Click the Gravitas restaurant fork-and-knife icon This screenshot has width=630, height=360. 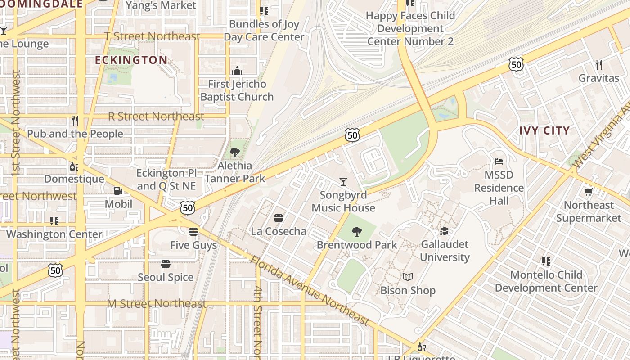[598, 64]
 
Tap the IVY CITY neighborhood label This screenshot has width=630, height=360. [544, 130]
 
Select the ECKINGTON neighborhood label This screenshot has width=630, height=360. [131, 60]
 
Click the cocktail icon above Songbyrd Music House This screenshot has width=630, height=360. [343, 182]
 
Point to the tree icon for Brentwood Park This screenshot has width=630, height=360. [356, 232]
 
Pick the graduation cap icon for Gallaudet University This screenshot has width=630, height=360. [445, 231]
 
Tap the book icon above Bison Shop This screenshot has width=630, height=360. [408, 277]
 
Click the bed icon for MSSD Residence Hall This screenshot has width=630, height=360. [499, 162]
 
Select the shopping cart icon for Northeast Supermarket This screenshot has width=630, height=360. [588, 192]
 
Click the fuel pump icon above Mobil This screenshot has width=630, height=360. [118, 191]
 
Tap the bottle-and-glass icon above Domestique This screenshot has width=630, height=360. [74, 166]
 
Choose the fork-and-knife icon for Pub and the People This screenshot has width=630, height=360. [75, 121]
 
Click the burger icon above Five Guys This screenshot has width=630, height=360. [193, 232]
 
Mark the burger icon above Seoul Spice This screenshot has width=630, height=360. [166, 264]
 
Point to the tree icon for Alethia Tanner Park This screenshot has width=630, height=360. [234, 153]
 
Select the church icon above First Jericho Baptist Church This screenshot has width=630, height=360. [237, 71]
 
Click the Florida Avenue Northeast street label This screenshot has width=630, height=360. [310, 291]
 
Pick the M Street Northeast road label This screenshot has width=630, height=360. [157, 304]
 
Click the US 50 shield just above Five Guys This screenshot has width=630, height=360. [188, 207]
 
